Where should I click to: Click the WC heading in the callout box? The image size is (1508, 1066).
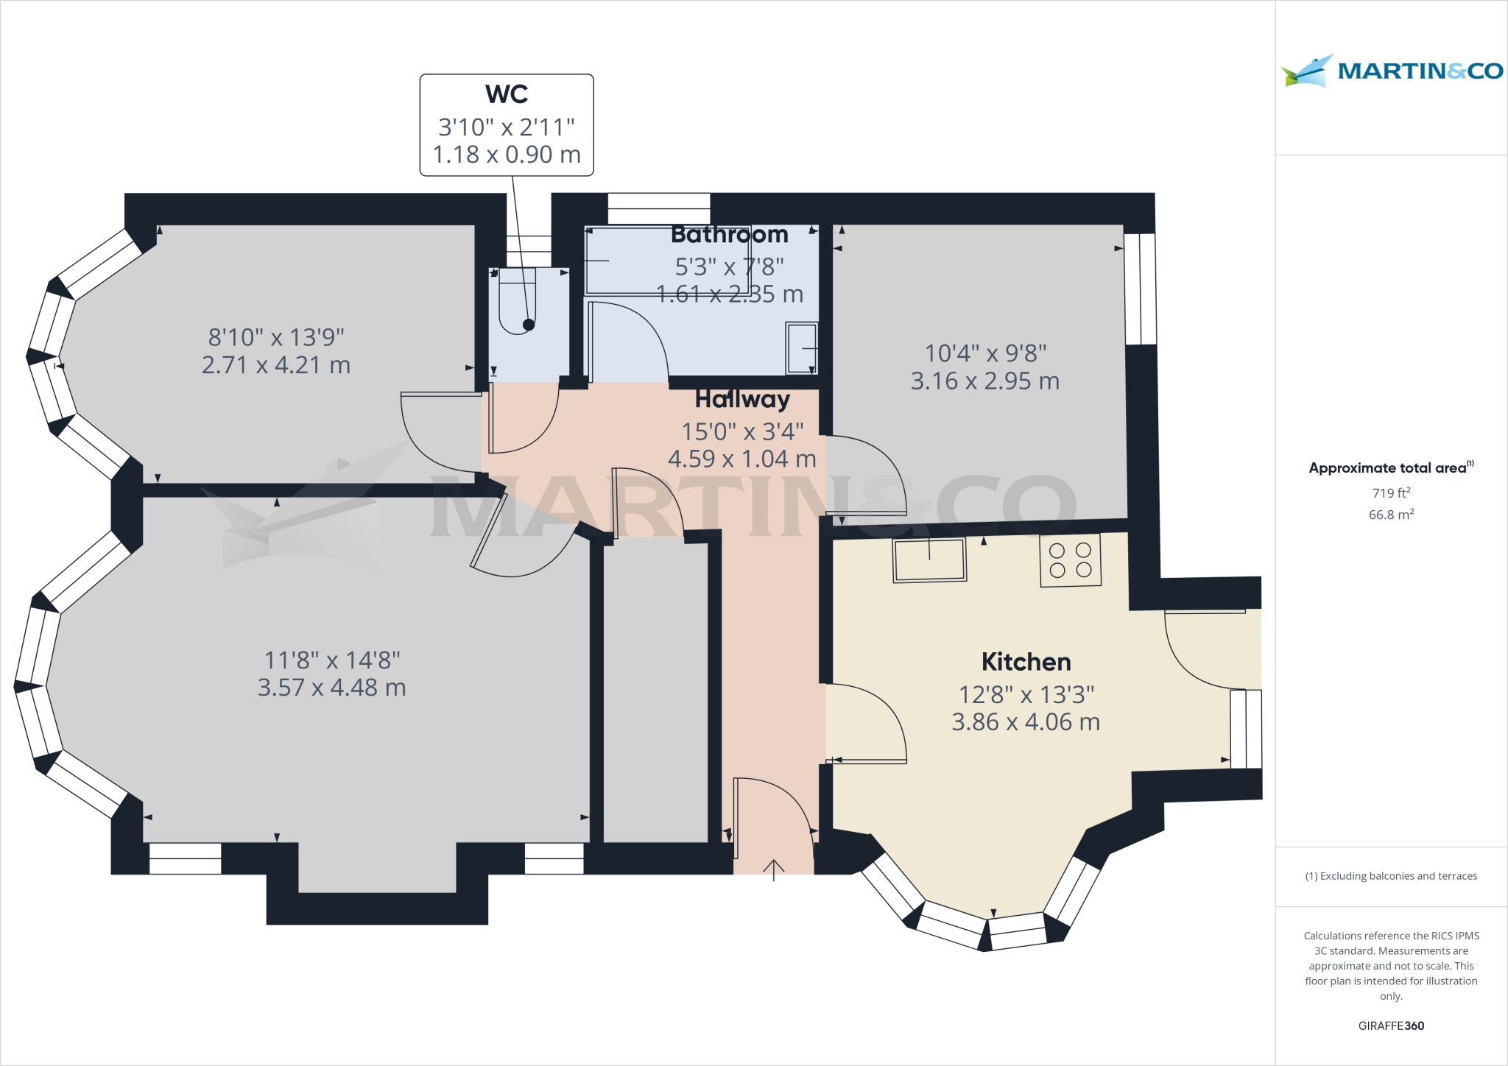(507, 94)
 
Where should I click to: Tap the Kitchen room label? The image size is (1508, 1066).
(1026, 662)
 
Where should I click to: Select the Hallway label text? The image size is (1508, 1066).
(742, 399)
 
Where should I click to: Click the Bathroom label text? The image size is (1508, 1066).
(729, 234)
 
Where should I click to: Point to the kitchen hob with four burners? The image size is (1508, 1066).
(1071, 560)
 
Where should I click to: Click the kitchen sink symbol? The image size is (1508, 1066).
(929, 560)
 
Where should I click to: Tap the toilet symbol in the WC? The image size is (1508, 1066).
(517, 302)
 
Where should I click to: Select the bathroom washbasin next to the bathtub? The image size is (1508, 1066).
(802, 347)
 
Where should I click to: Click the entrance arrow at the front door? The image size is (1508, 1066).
(773, 869)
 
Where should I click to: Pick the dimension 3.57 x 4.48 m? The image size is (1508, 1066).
(331, 688)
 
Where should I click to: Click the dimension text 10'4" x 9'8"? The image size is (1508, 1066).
(985, 353)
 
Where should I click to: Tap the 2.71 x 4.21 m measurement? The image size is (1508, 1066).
(276, 365)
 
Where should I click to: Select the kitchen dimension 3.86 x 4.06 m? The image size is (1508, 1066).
(1026, 722)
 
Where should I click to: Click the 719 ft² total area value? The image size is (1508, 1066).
(1391, 493)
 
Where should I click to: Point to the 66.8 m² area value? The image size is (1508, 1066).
(1391, 515)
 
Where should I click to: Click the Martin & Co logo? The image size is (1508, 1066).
(1392, 71)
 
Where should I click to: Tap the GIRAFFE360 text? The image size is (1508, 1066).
(1391, 1026)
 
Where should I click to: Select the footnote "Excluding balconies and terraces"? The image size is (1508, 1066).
(1391, 876)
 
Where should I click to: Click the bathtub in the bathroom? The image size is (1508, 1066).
(666, 261)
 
